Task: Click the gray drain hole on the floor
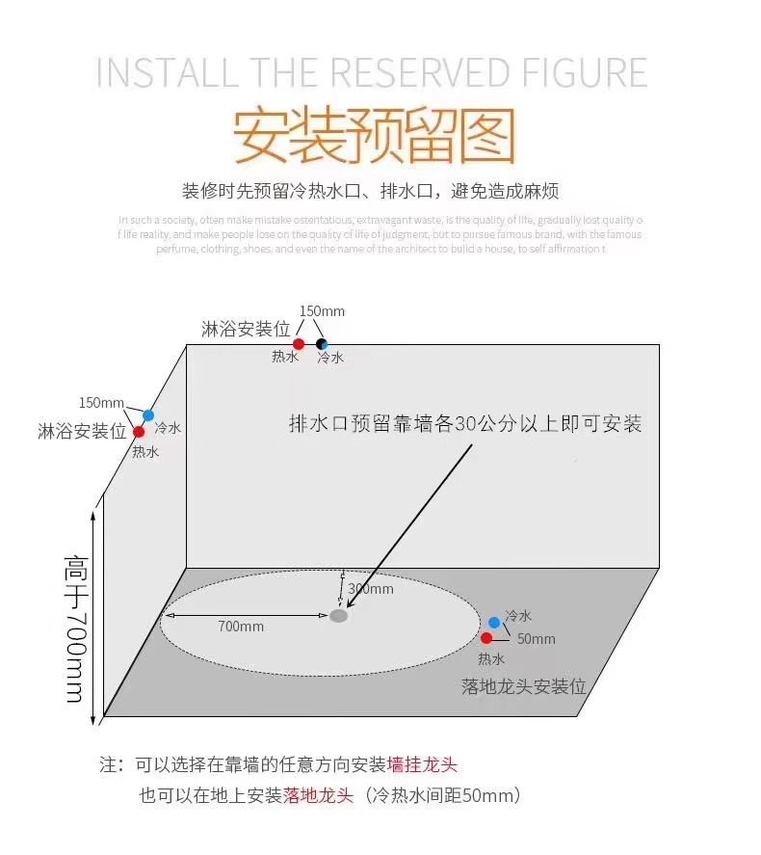point(338,615)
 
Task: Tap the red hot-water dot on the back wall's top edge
point(299,344)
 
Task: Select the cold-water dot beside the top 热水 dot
point(322,344)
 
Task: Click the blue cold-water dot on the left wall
point(148,415)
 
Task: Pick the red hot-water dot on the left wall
point(139,431)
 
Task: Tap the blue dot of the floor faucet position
point(494,623)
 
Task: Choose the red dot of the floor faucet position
point(486,638)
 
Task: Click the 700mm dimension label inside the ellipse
point(241,627)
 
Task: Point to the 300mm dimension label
point(371,589)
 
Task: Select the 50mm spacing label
point(537,639)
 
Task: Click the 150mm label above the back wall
point(322,311)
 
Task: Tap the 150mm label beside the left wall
point(101,402)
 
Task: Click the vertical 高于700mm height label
point(74,628)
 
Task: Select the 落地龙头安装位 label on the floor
point(523,686)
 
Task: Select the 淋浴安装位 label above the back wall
point(246,329)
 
